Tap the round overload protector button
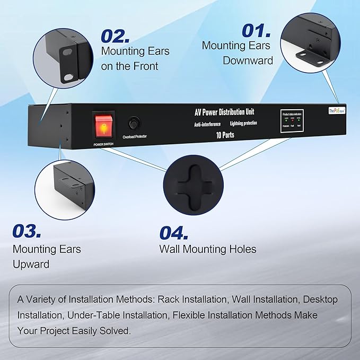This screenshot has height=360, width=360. pos(134,124)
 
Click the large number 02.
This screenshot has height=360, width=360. pos(115,36)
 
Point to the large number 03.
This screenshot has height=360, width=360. pos(27,231)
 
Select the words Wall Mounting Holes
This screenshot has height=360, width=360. pos(208,249)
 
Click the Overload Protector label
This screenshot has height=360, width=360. pos(134,137)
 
